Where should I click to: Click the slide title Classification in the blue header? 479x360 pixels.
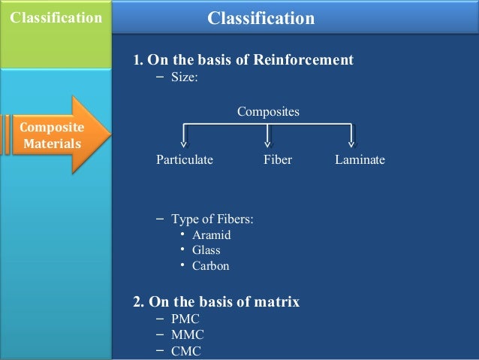[x=261, y=17]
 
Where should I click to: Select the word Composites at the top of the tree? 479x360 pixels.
[x=268, y=112]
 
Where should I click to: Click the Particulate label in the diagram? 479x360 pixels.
[x=185, y=159]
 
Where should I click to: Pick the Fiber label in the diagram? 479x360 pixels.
[x=278, y=159]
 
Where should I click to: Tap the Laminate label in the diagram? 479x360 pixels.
[x=360, y=159]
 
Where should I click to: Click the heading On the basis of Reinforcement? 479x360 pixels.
[x=243, y=60]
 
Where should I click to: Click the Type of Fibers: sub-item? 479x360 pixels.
[x=212, y=219]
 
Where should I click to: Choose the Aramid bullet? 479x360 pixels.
[x=211, y=234]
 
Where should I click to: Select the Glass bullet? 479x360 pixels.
[x=206, y=250]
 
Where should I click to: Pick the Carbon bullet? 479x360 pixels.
[x=210, y=265]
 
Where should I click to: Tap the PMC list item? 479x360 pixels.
[x=185, y=319]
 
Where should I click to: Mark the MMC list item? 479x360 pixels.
[x=187, y=334]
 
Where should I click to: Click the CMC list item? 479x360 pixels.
[x=186, y=351]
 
